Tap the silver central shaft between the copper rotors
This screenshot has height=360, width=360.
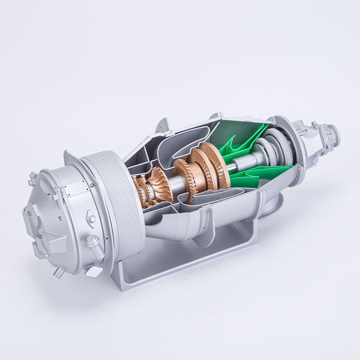click(x=178, y=181)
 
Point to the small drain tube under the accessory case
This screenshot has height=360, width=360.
click(x=58, y=272)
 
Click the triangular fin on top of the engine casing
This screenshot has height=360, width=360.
click(x=162, y=125)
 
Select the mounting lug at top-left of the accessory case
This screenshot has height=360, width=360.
click(x=32, y=179)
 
